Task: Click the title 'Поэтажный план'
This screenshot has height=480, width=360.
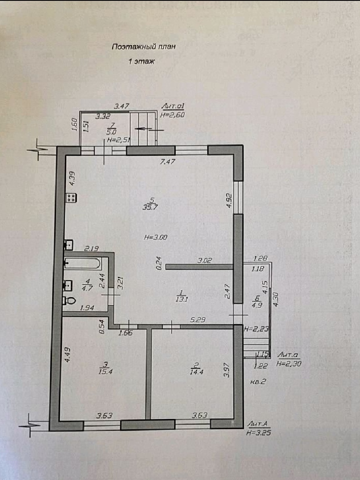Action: [144, 47]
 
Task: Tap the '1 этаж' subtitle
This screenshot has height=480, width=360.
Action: [141, 61]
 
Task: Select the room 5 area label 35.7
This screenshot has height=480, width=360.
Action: [150, 207]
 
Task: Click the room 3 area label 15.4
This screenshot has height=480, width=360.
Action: [104, 372]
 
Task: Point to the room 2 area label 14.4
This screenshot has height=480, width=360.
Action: [197, 372]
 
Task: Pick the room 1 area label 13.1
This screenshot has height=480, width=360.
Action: [182, 299]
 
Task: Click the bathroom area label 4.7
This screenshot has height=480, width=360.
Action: [87, 288]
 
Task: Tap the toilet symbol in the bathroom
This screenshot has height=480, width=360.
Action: [70, 301]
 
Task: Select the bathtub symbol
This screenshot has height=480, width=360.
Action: [83, 264]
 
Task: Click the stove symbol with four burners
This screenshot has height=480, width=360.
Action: [72, 198]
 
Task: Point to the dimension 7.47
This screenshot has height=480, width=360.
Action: [167, 161]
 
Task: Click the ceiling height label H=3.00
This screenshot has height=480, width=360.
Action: [156, 237]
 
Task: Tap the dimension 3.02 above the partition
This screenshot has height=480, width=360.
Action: [204, 261]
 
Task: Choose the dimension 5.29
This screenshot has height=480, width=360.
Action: [197, 320]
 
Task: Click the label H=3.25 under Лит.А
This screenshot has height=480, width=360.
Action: [259, 433]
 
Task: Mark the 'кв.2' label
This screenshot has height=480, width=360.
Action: [258, 382]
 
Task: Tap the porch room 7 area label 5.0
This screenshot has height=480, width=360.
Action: [111, 132]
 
